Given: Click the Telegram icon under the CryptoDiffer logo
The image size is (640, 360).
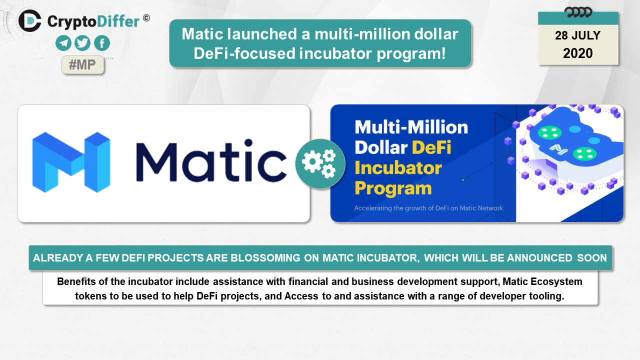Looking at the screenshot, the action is click(63, 43).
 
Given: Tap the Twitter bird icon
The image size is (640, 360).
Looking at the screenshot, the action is click(82, 43).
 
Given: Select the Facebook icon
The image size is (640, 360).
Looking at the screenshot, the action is click(101, 43).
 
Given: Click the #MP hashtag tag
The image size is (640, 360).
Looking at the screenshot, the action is click(82, 65).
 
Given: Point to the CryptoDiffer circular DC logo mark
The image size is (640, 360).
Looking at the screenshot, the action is click(29, 20).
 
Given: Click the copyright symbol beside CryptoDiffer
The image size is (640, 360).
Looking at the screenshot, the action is click(146, 18).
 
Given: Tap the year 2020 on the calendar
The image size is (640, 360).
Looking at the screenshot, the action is click(577, 53).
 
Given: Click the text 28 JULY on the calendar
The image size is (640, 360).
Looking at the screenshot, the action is click(577, 35).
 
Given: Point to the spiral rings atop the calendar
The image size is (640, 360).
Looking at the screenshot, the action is click(578, 12).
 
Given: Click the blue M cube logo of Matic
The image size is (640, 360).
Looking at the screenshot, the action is click(71, 162).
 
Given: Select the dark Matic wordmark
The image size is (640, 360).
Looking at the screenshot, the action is click(211, 160).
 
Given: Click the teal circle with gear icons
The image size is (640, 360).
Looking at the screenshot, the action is click(320, 163).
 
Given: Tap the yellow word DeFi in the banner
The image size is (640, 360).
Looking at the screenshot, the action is click(431, 147).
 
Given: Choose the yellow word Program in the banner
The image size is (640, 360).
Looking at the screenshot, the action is click(393, 189).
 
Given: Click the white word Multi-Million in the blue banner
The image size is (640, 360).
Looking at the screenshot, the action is click(411, 127).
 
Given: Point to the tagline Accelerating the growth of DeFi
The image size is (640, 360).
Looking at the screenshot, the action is click(428, 208).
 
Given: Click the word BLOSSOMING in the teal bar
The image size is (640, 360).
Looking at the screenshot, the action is click(265, 258).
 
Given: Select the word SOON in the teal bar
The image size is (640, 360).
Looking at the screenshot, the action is click(591, 258).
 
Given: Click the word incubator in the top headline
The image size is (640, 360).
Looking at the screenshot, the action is click(335, 53).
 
